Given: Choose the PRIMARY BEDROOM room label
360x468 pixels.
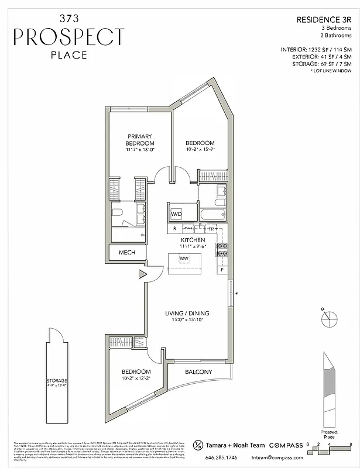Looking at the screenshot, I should (140, 140).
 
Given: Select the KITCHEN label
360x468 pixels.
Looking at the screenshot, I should (192, 240).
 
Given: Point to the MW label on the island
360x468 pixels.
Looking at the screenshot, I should (184, 258).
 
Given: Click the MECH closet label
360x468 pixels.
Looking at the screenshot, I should (127, 253).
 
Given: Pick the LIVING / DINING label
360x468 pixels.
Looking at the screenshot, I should (186, 314).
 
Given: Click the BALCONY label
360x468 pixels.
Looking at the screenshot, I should (198, 372).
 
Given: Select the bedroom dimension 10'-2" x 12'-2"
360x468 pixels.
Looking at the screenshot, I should (136, 379).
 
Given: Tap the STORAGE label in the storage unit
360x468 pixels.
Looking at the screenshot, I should (57, 381).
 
